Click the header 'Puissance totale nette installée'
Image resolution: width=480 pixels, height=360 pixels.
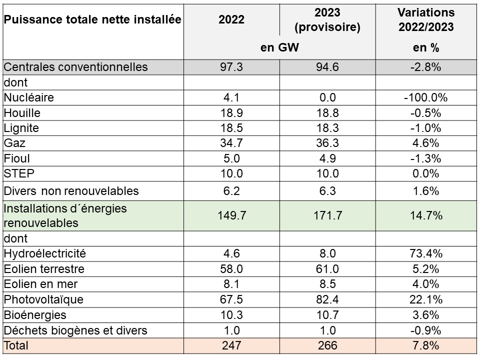(x=92, y=19)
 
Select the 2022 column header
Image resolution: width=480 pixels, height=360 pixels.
(x=231, y=19)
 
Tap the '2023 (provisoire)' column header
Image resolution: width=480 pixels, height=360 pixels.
(x=328, y=19)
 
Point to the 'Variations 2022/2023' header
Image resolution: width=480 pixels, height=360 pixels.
(x=426, y=19)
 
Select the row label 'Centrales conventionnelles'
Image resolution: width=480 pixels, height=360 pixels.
(x=76, y=67)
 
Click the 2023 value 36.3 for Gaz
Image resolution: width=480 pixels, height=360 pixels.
(x=328, y=143)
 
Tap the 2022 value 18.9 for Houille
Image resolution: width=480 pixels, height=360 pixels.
(x=231, y=112)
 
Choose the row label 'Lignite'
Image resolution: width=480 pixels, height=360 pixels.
(x=21, y=128)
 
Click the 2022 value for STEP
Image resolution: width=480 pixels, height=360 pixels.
(x=231, y=173)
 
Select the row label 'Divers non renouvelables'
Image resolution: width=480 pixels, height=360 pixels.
(x=71, y=191)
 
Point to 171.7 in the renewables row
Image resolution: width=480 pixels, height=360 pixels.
(x=328, y=215)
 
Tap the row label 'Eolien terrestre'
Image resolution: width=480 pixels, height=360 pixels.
(x=44, y=269)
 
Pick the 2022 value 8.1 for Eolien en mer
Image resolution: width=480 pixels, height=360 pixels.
(x=231, y=284)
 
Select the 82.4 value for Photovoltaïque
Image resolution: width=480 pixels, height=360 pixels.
(x=328, y=299)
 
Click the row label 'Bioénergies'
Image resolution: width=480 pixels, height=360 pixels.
(x=35, y=315)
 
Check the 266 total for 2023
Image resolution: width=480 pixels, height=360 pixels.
(x=328, y=345)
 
